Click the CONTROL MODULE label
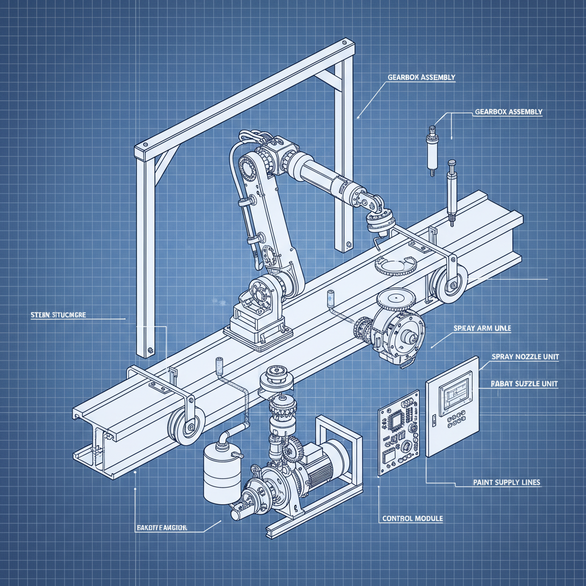click(412, 518)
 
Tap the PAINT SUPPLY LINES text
click(506, 482)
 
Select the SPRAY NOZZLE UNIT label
click(525, 357)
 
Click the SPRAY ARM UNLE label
click(482, 329)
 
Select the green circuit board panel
click(399, 433)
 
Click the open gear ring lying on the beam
click(393, 265)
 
